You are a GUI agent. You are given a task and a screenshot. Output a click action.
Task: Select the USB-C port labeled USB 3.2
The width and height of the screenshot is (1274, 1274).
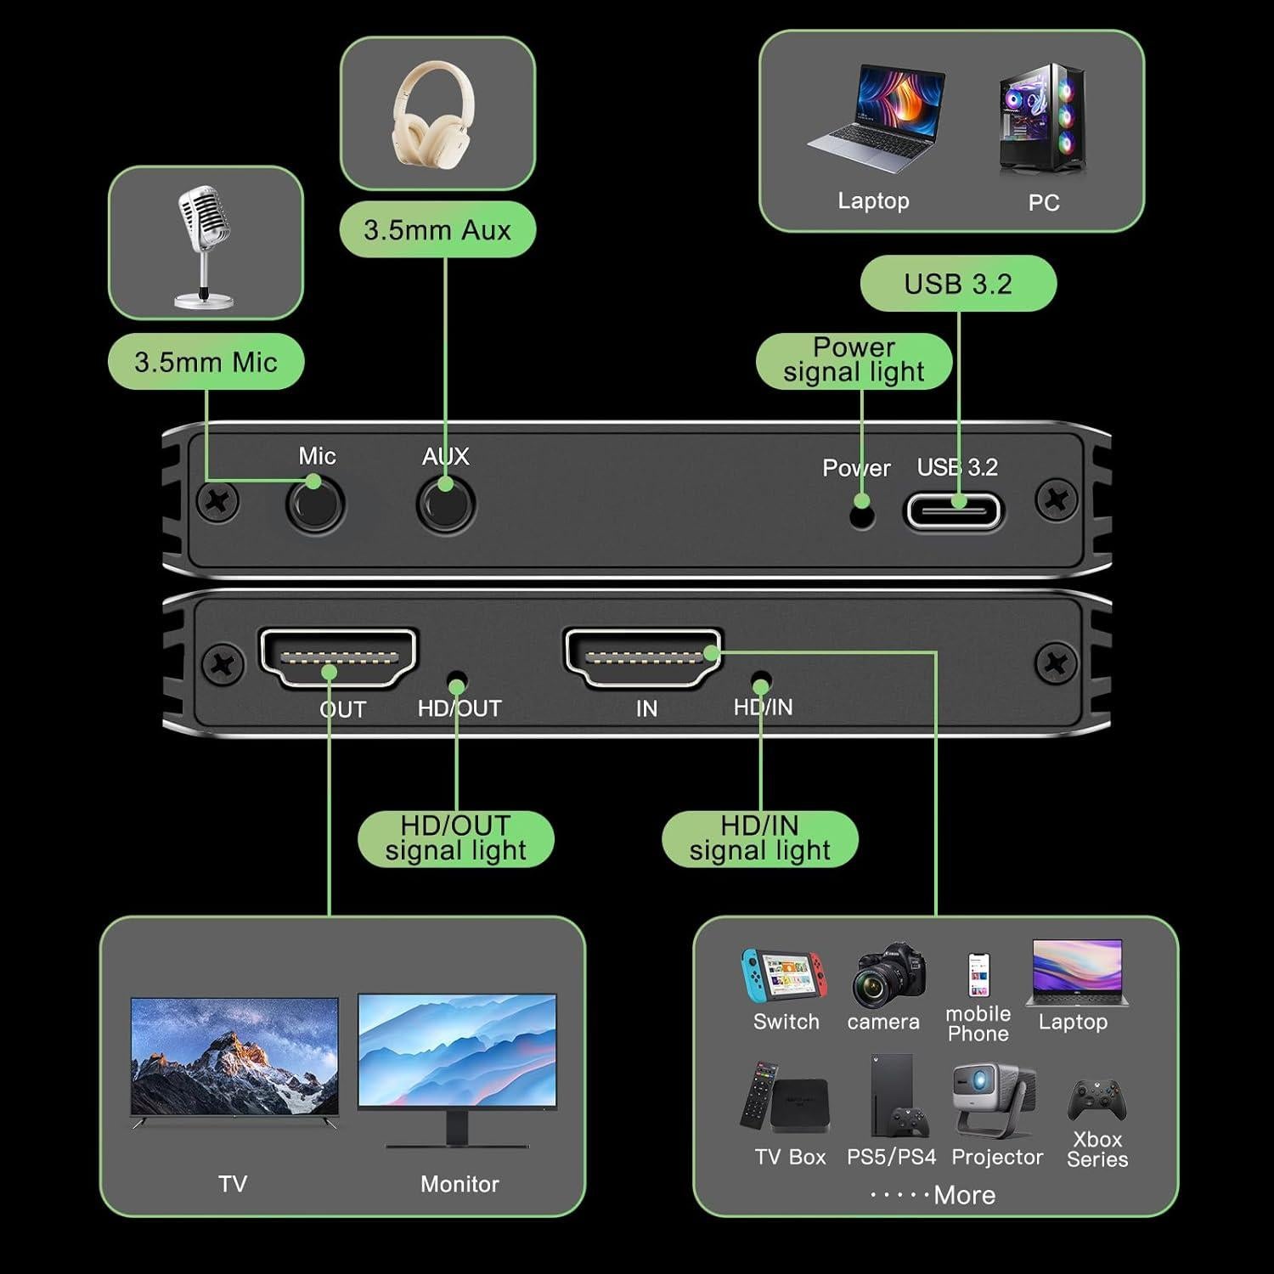pyautogui.click(x=954, y=512)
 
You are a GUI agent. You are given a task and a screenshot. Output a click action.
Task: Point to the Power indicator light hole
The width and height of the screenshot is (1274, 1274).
pyautogui.click(x=862, y=516)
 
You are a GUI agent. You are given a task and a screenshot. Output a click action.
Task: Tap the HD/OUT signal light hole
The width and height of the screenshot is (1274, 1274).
pyautogui.click(x=457, y=684)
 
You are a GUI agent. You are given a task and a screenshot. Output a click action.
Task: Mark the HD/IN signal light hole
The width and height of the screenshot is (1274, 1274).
pyautogui.click(x=761, y=683)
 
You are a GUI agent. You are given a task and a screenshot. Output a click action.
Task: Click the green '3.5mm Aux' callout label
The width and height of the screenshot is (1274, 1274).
pyautogui.click(x=437, y=229)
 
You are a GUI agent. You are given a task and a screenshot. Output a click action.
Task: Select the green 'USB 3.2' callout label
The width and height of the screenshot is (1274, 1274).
pyautogui.click(x=958, y=284)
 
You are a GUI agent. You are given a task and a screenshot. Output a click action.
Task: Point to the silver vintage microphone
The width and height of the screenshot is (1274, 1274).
pyautogui.click(x=204, y=246)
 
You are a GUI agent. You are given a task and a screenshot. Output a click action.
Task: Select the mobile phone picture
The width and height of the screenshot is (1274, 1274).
pyautogui.click(x=978, y=974)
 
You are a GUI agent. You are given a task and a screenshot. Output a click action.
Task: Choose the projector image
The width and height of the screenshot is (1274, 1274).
pyautogui.click(x=992, y=1100)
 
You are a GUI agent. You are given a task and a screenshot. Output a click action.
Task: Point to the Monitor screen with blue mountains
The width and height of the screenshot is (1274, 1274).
pyautogui.click(x=457, y=1051)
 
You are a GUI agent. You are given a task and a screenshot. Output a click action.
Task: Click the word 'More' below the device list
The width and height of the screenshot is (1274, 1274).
pyautogui.click(x=964, y=1195)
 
